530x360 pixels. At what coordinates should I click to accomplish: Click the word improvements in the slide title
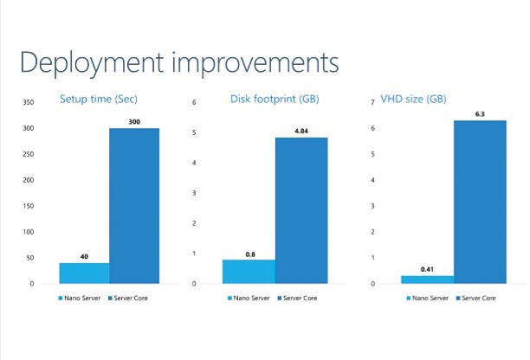pos(255,63)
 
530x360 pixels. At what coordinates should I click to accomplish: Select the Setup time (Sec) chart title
pos(99,100)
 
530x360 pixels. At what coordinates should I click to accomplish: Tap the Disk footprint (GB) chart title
pos(275,100)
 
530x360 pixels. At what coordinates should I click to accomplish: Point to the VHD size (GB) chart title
pos(413,100)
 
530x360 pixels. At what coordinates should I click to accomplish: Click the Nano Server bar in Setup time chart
pos(84,273)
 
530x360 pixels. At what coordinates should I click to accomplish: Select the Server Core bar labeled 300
pos(134,206)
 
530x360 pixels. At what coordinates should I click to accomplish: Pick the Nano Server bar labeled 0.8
pos(249,272)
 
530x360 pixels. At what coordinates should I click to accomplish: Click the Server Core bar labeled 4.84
pos(301,210)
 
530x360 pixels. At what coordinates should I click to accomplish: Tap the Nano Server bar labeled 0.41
pos(428,280)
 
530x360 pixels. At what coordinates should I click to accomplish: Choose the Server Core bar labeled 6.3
pos(480,202)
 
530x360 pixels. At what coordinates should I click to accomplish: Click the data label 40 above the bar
pos(84,257)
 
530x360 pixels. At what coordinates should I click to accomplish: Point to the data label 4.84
pos(301,131)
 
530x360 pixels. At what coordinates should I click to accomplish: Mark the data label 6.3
pos(480,114)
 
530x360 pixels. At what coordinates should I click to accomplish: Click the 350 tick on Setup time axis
pos(29,102)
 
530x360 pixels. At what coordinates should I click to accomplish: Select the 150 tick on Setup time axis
pos(29,206)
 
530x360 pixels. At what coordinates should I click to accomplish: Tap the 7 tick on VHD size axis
pos(373,102)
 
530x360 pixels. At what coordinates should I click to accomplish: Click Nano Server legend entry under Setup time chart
pos(80,299)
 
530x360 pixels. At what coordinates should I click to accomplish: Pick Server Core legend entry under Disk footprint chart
pos(297,299)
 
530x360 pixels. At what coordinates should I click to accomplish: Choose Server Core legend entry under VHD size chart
pos(476,299)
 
